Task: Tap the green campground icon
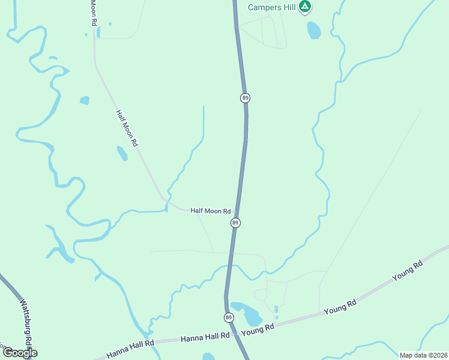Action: pos(306,7)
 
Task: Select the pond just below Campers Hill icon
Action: pos(314,30)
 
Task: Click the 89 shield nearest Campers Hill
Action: pos(245,97)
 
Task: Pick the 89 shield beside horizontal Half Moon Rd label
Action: pos(235,223)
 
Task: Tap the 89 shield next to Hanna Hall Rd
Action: pos(229,317)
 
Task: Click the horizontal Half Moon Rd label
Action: pos(211,211)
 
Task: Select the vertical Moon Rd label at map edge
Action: pos(94,12)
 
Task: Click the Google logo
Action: pos(20,353)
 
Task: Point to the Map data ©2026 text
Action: pos(423,355)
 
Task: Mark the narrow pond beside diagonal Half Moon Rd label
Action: pos(122,154)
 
